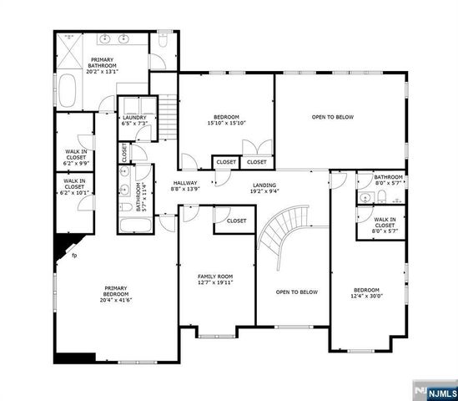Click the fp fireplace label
[74, 255]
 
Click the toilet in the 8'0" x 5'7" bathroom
[380, 197]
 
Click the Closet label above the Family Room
[236, 221]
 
